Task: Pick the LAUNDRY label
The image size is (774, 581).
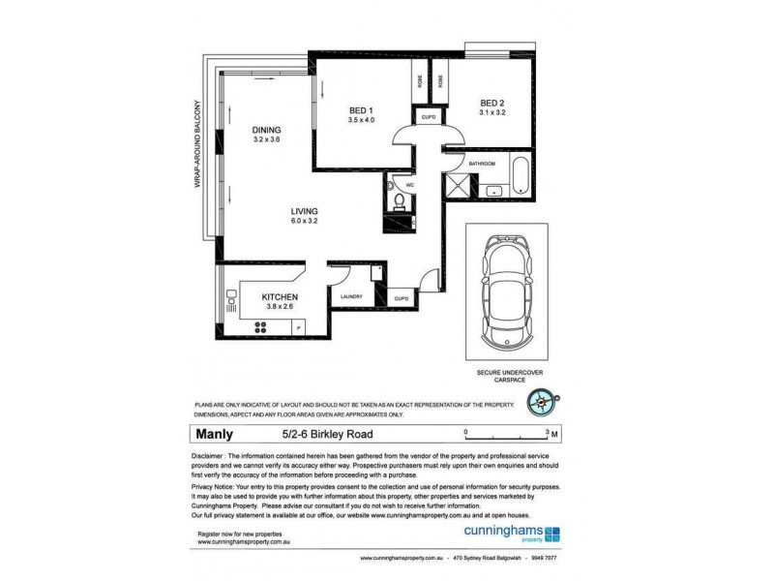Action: (350, 296)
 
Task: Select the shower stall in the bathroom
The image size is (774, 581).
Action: (460, 185)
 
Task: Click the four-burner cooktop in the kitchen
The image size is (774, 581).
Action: (260, 327)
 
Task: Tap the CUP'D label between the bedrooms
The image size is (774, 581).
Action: (429, 117)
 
